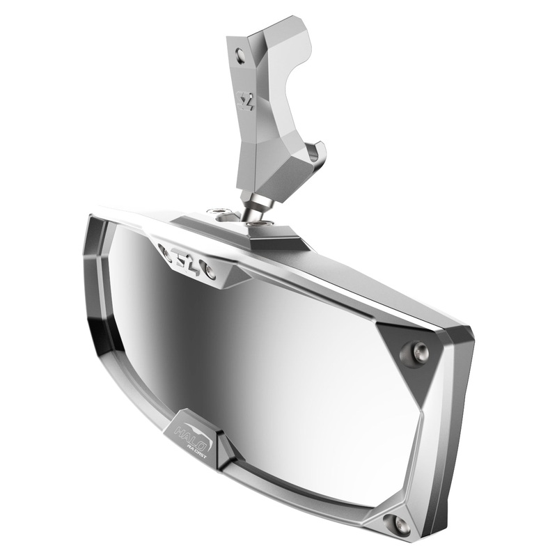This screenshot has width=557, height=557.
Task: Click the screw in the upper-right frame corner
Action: tap(419, 352)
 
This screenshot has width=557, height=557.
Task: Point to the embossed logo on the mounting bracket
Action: tap(246, 102)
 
